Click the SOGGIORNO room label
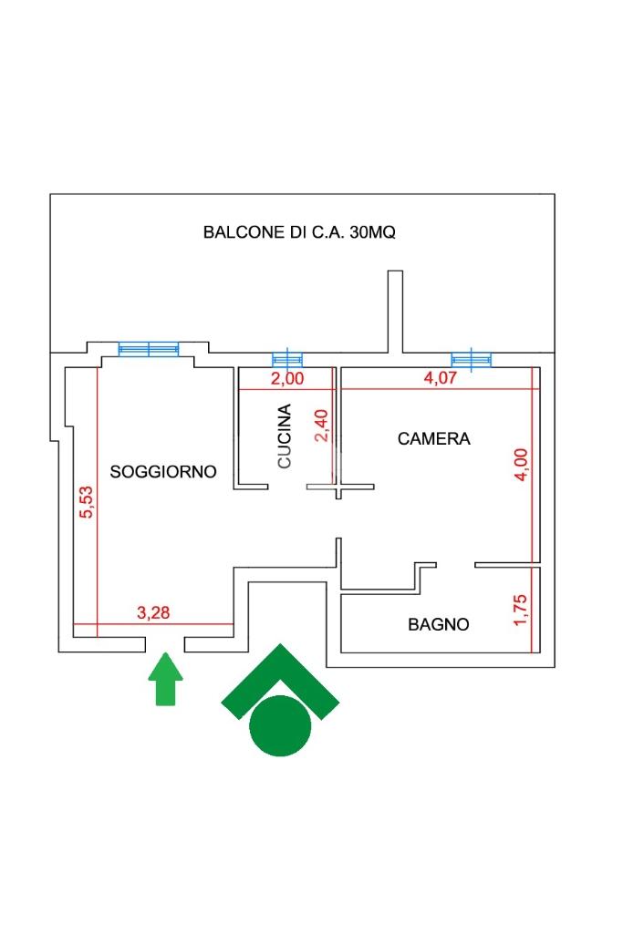pos(162,472)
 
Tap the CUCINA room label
pos(285,436)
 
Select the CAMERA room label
pos(433,439)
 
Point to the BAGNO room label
pos(438,624)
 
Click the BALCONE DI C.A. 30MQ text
pos(299,232)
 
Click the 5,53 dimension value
pos(87,502)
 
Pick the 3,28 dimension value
pos(153,612)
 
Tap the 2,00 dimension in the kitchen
pos(287,378)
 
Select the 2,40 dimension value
pos(321,426)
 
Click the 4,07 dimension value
pos(440,377)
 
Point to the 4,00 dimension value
pos(521,465)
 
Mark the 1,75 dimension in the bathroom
pos(520,610)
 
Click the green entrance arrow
pos(165,679)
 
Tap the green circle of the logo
pos(280,726)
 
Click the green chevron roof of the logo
pos(280,673)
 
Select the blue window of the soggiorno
pos(149,349)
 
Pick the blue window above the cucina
pos(287,359)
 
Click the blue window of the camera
pos(472,359)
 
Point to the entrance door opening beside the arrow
pos(165,644)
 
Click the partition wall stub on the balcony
pos(395,312)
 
